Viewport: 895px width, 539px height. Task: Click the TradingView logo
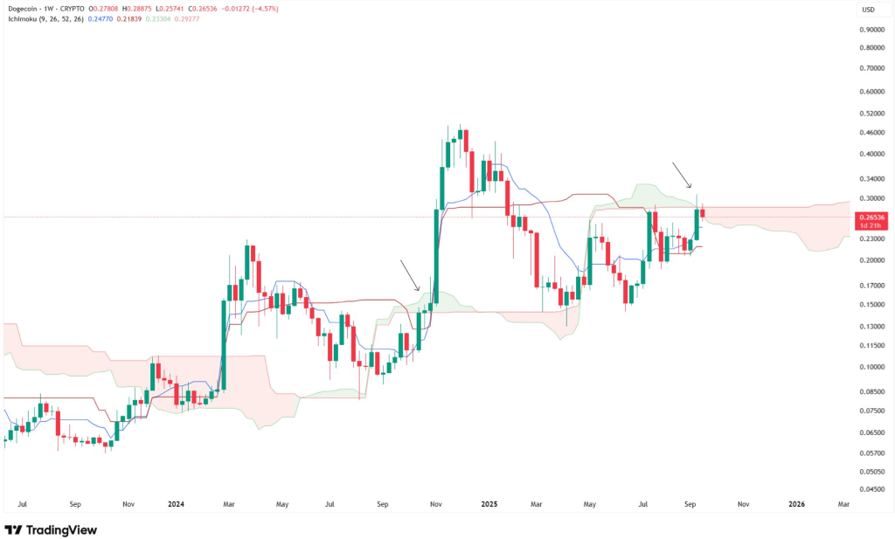(51, 529)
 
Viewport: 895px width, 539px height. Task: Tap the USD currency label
(868, 10)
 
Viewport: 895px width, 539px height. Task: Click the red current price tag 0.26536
(872, 217)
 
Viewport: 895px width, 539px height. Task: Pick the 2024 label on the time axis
(176, 504)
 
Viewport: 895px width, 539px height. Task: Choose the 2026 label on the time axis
(796, 504)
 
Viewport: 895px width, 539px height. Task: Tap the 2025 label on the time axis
(489, 504)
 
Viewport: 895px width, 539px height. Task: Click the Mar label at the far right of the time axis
(843, 504)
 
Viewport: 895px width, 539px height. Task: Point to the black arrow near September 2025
(681, 174)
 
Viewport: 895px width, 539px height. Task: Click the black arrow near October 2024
(410, 274)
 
